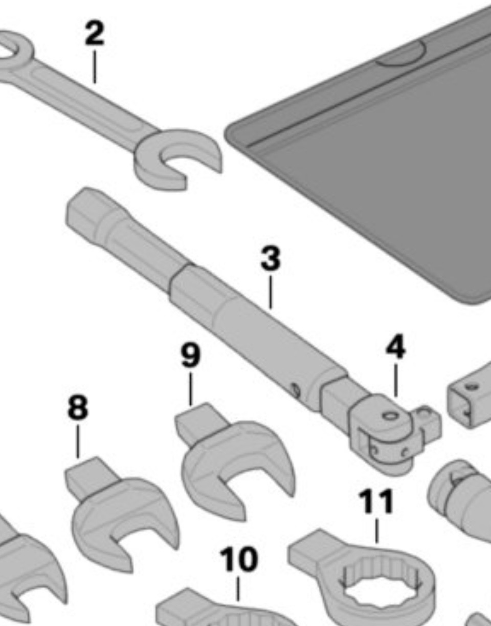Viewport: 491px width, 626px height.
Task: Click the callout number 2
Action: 94,33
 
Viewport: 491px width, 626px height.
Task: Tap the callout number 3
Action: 270,259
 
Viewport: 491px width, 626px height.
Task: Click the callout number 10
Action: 239,559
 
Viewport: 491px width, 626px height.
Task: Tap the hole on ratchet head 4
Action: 390,416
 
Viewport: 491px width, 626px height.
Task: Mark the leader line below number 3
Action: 270,292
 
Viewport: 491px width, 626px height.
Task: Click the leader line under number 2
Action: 95,67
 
